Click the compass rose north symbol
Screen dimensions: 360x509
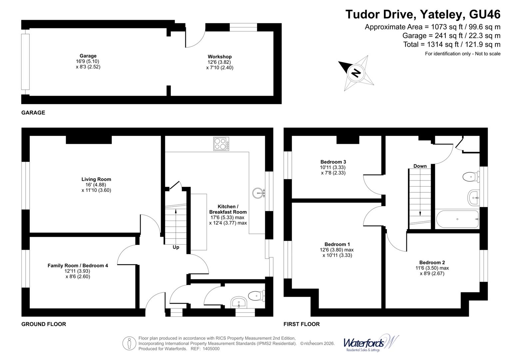pyautogui.click(x=356, y=73)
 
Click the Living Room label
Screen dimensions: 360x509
pyautogui.click(x=96, y=179)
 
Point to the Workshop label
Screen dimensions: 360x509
pyautogui.click(x=220, y=57)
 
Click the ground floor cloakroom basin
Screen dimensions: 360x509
pyautogui.click(x=239, y=302)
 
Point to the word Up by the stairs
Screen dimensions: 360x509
pyautogui.click(x=176, y=247)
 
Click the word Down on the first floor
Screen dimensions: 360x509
pyautogui.click(x=420, y=166)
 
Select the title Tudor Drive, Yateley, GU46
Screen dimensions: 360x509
pyautogui.click(x=423, y=14)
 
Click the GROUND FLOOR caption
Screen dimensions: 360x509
pyautogui.click(x=44, y=324)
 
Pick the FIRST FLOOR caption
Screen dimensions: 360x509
pyautogui.click(x=301, y=324)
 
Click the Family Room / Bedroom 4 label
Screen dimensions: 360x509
pyautogui.click(x=78, y=266)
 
